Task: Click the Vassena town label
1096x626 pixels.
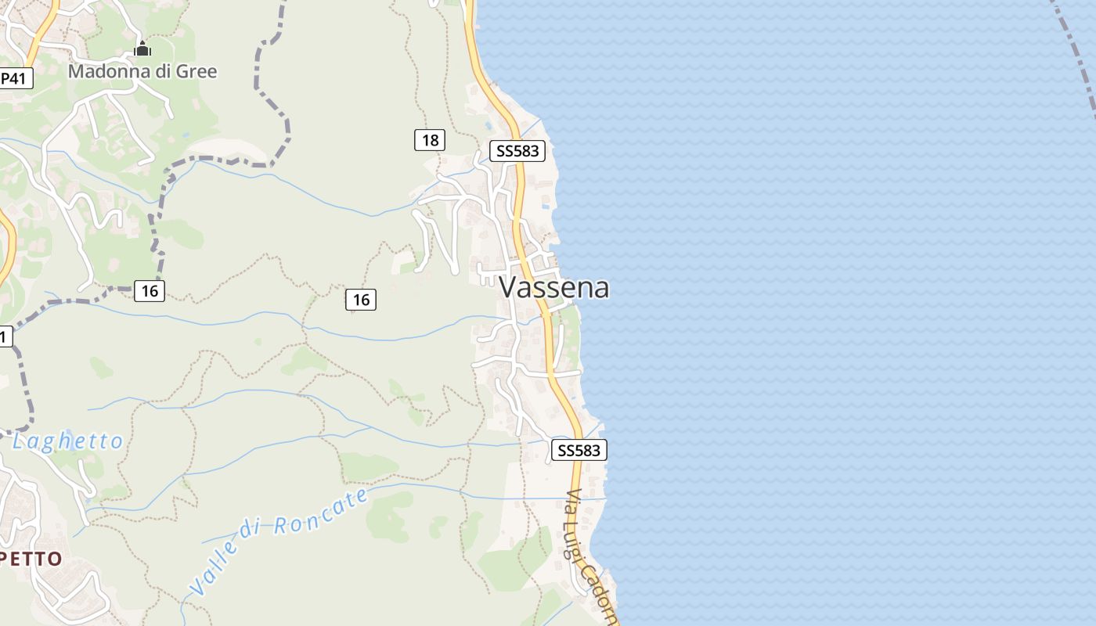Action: [554, 287]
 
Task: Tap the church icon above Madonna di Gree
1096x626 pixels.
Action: [142, 50]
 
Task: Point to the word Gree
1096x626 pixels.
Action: [199, 72]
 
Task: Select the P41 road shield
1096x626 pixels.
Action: [16, 78]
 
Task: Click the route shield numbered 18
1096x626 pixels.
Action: [430, 140]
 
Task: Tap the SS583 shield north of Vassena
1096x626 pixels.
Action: [517, 151]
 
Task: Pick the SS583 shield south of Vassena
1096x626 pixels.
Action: [579, 450]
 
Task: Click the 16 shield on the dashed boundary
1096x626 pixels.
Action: [150, 291]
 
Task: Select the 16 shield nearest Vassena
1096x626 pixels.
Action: [361, 299]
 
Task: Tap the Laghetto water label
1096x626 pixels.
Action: [68, 441]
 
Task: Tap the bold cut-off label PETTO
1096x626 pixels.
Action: [31, 559]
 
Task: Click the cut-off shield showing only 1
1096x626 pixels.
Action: [5, 336]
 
